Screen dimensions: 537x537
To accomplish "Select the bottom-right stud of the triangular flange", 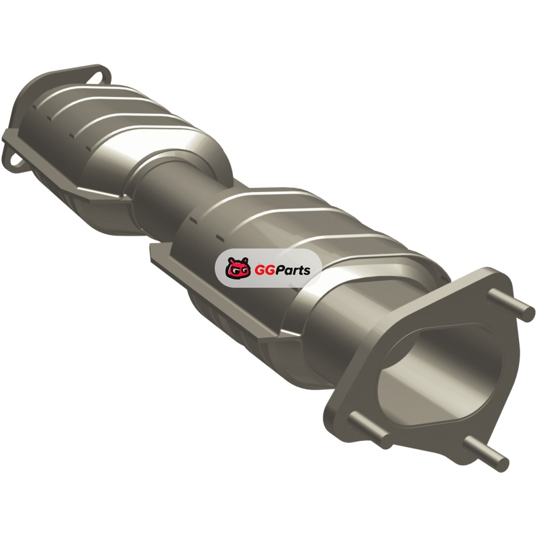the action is [x=485, y=452].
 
